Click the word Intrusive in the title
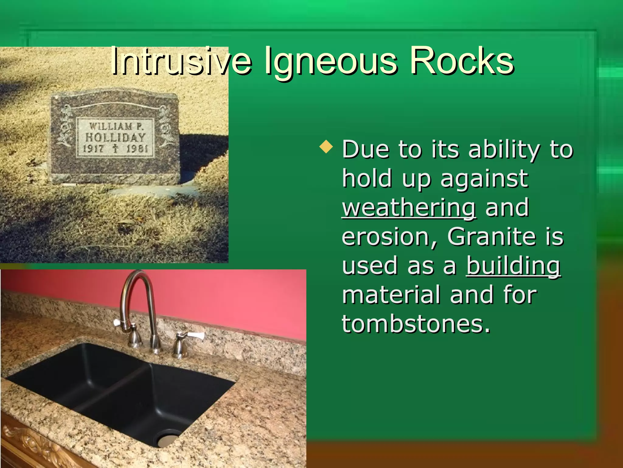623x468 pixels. click(x=181, y=61)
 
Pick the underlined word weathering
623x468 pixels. click(x=409, y=208)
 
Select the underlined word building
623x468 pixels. click(x=513, y=266)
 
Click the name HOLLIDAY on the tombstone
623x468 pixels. click(x=115, y=137)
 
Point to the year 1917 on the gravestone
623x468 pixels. click(x=93, y=149)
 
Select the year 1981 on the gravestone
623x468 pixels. click(x=137, y=149)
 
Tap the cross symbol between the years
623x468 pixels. click(x=115, y=149)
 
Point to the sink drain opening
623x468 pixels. click(x=168, y=440)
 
